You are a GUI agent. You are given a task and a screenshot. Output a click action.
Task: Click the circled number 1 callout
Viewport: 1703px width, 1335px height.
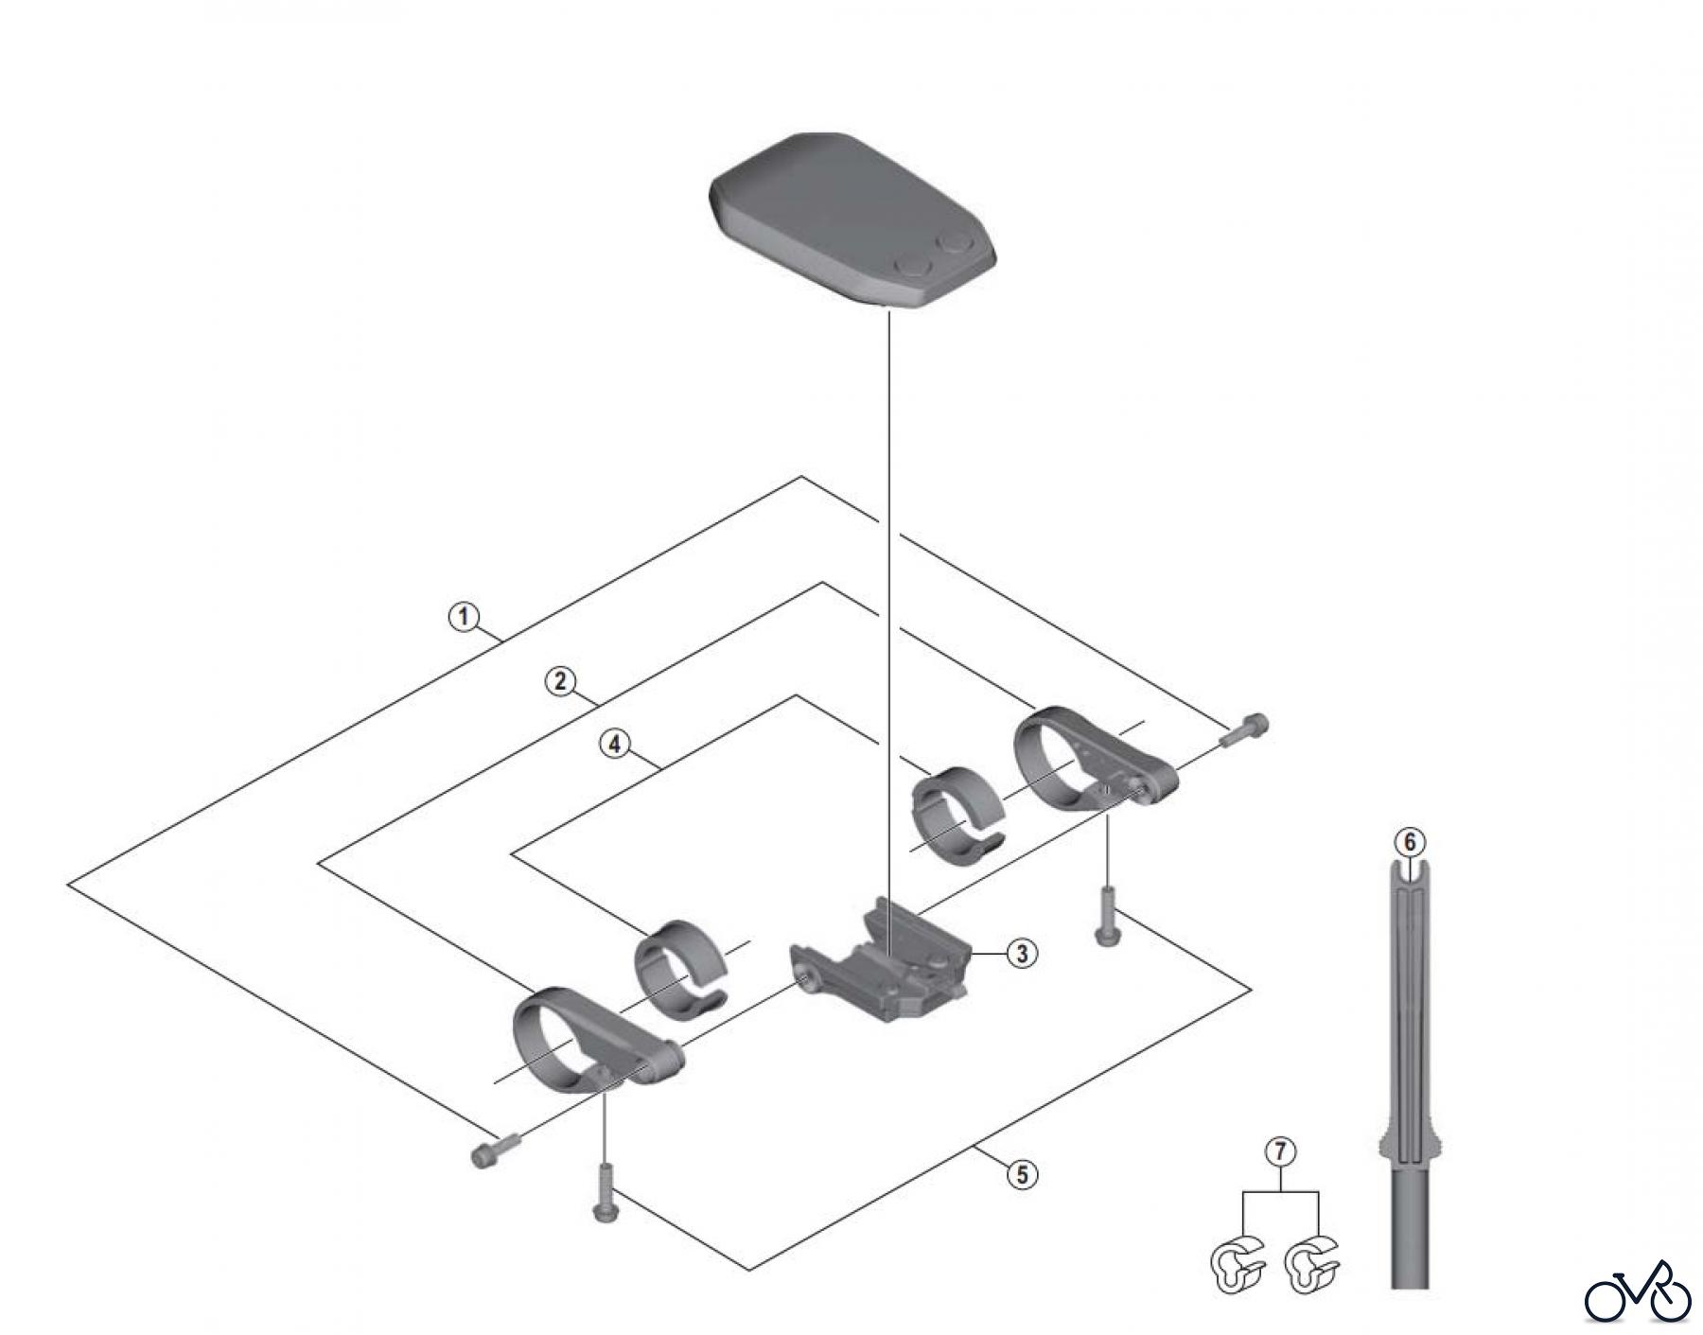464,617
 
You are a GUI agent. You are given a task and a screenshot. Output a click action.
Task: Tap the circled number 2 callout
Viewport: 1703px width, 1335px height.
560,680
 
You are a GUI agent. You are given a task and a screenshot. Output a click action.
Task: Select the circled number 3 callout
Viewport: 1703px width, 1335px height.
1022,954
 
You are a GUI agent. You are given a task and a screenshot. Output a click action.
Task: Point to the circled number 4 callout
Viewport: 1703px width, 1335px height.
615,745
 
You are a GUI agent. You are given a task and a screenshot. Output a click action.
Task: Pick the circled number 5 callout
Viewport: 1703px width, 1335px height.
1022,1175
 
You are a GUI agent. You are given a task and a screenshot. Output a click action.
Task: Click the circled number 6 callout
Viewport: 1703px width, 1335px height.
1410,841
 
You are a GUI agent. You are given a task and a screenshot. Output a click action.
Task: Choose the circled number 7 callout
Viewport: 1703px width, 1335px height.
1280,1151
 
